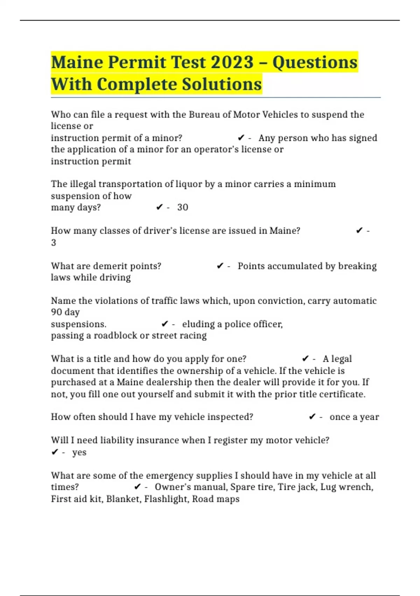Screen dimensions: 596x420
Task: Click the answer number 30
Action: (x=183, y=207)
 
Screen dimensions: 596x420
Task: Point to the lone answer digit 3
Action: (x=54, y=243)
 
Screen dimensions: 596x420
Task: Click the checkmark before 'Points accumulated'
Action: (x=220, y=266)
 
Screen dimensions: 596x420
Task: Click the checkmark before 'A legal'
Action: (x=305, y=359)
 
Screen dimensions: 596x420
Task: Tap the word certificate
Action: (x=342, y=394)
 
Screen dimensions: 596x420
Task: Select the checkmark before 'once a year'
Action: (x=312, y=417)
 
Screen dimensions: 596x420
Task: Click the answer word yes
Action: (x=79, y=452)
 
